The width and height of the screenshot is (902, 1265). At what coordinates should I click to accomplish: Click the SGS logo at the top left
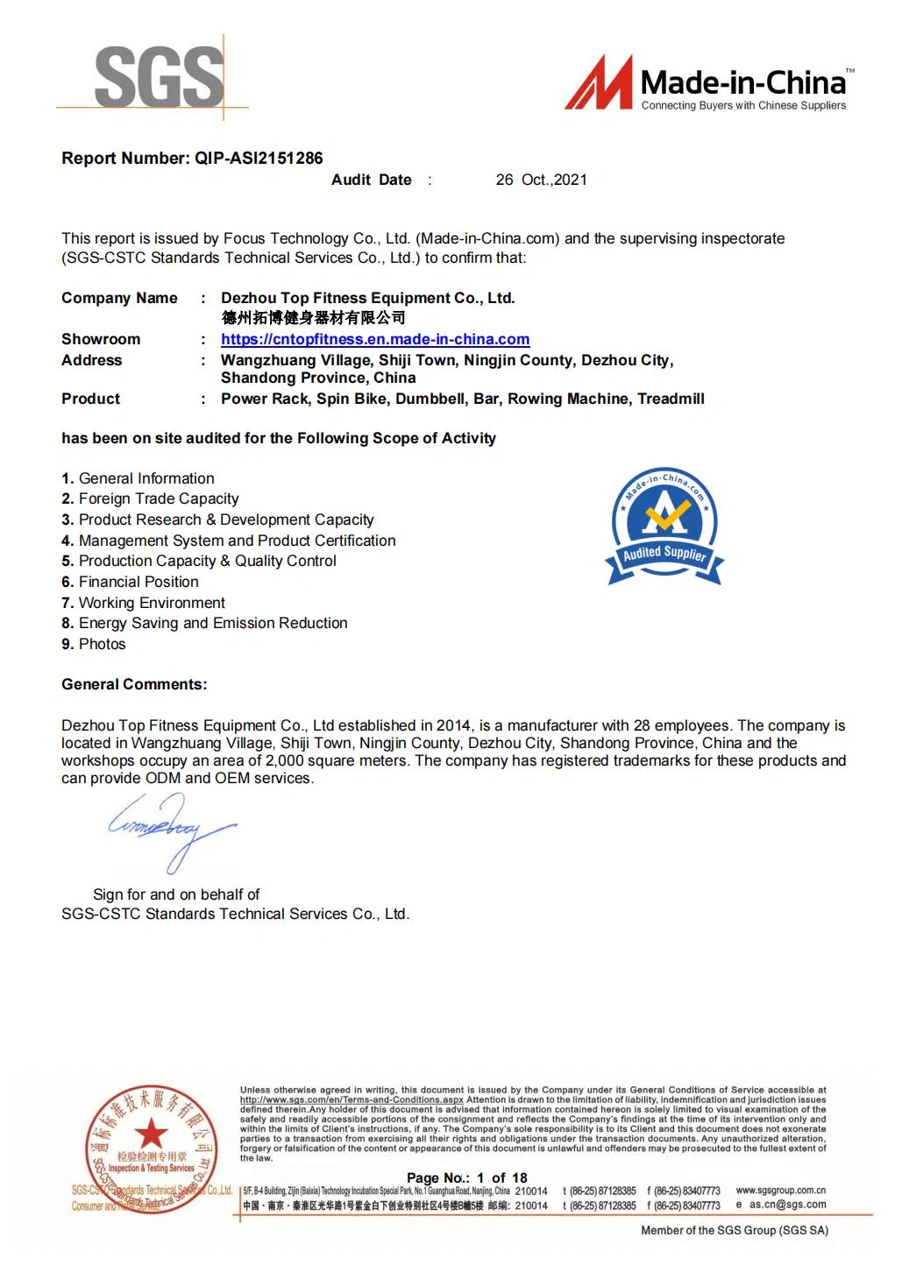(159, 78)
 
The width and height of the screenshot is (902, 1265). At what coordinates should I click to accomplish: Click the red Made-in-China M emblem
(599, 83)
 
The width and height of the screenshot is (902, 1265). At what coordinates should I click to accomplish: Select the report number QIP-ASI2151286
(259, 159)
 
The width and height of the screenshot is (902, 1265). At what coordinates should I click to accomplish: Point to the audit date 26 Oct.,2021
(541, 180)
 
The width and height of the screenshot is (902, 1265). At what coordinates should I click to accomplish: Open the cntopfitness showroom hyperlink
(375, 339)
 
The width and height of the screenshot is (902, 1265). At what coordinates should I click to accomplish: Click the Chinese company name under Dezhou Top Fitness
(313, 317)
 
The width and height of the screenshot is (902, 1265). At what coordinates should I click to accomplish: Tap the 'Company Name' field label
(119, 298)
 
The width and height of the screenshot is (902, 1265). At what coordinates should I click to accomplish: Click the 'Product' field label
(90, 399)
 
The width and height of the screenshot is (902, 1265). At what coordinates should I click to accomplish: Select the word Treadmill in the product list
(671, 399)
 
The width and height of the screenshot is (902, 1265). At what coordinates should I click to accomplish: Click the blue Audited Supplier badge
(664, 526)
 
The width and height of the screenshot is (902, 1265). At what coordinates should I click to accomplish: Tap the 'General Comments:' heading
(134, 684)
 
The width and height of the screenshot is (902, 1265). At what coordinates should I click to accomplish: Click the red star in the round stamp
(151, 1133)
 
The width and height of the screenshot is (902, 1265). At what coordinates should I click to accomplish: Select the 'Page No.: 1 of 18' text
(466, 1177)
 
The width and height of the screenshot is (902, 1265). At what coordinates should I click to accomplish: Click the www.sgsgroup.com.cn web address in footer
(780, 1190)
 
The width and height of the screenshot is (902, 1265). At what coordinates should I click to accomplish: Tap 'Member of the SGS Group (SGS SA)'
(734, 1230)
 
